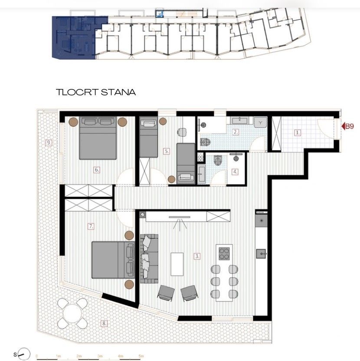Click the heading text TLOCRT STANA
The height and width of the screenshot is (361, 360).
tap(96, 92)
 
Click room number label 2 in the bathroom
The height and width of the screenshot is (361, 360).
tap(236, 132)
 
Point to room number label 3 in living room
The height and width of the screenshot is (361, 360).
tap(197, 256)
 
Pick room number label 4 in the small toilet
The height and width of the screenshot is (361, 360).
tap(235, 171)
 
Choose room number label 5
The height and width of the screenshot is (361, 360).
tap(167, 151)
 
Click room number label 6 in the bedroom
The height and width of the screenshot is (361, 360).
tap(97, 170)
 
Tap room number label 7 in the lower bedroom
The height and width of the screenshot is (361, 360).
tap(91, 226)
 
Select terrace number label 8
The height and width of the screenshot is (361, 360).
tap(104, 323)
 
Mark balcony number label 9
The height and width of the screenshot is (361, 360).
tap(49, 142)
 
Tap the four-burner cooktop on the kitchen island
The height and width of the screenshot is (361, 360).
tap(223, 253)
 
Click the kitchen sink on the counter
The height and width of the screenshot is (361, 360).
tap(261, 253)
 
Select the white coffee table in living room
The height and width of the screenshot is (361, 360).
tap(176, 263)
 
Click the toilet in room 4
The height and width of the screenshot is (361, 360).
tap(218, 162)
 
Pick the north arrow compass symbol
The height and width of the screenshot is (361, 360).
tap(21, 353)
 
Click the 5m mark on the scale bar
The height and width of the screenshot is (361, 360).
tap(141, 355)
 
